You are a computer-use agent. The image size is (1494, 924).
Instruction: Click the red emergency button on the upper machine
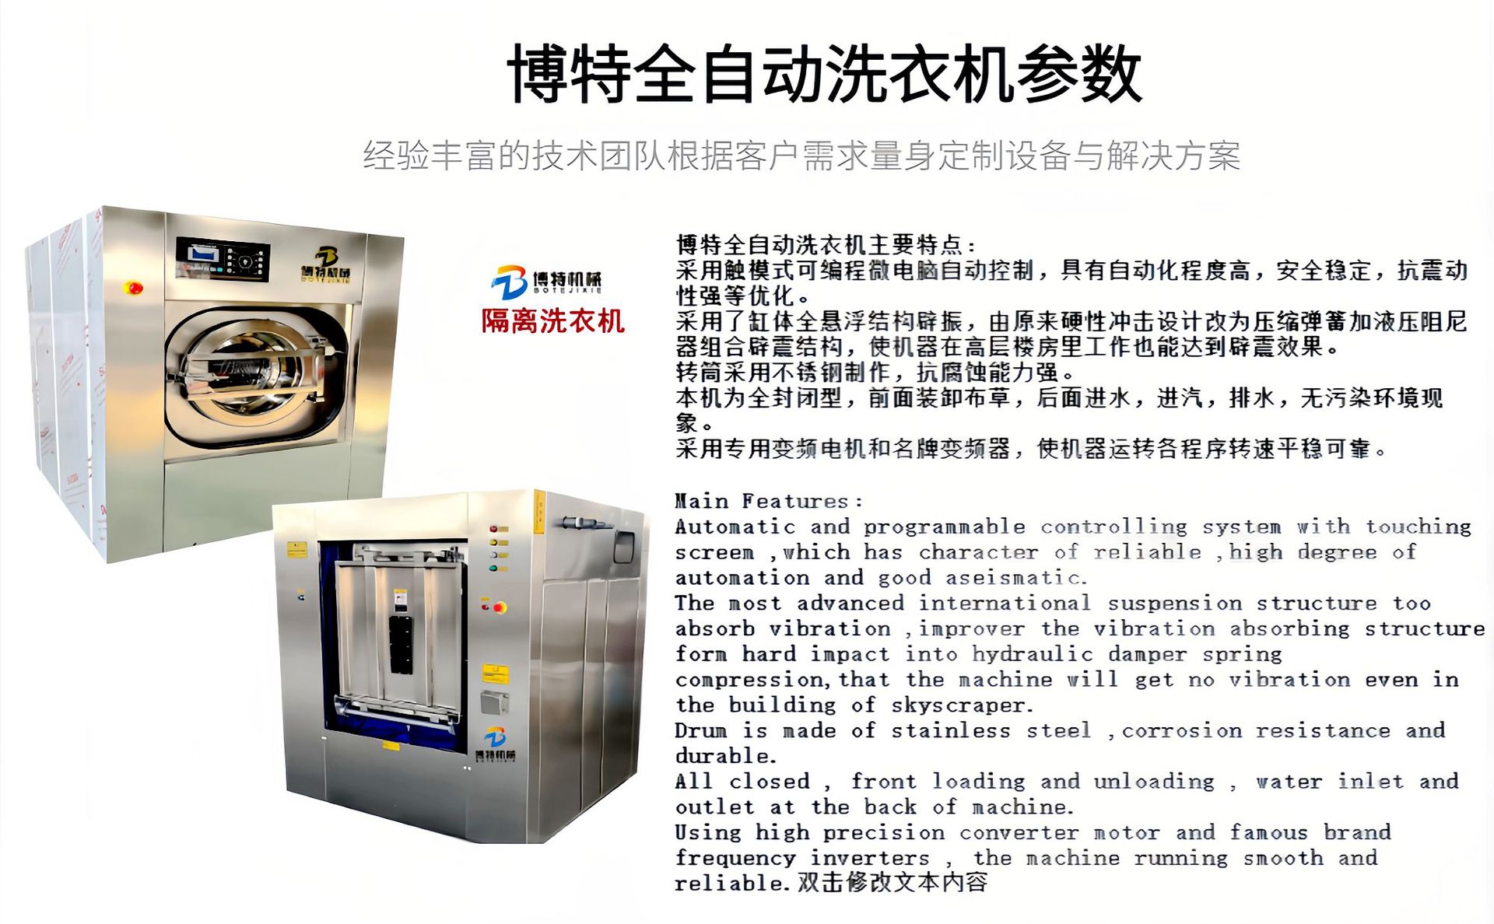[x=133, y=288]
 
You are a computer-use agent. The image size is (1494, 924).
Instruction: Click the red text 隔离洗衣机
[x=552, y=320]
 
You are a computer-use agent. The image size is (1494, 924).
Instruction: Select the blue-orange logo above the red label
[x=510, y=281]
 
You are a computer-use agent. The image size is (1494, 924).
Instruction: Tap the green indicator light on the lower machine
[x=493, y=569]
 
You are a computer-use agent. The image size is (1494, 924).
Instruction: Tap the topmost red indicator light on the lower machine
[x=493, y=529]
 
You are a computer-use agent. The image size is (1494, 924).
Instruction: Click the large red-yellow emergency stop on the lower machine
[x=499, y=607]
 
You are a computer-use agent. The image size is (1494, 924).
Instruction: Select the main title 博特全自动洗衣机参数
[x=825, y=73]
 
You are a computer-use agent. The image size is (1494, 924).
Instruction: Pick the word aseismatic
[x=1016, y=578]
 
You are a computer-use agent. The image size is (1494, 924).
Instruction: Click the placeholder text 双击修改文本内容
[x=893, y=882]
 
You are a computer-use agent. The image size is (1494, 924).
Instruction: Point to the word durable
[x=725, y=756]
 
